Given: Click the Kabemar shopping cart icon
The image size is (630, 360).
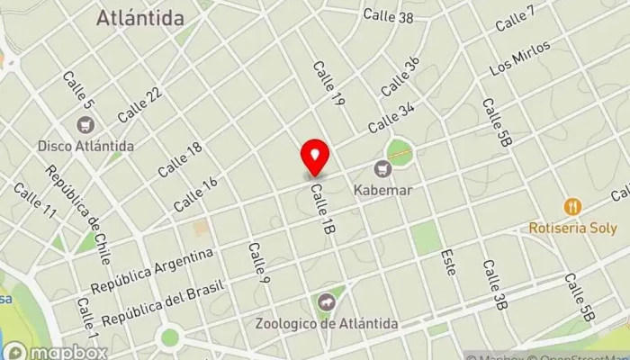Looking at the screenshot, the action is (384, 167).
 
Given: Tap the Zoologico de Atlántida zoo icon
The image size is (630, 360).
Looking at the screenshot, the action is (326, 301).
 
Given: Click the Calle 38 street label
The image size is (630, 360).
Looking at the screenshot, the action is (388, 15).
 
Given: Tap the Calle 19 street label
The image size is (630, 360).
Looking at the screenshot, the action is (328, 84).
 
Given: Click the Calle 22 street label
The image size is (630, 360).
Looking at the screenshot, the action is (139, 104).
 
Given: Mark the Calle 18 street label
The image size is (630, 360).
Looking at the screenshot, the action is (180, 159).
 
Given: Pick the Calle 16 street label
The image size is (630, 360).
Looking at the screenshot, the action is (195, 193).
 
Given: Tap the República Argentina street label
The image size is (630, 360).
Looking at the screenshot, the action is (152, 270).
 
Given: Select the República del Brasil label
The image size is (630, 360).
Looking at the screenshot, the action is (166, 306).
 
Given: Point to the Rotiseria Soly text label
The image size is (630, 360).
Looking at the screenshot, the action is (571, 227).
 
